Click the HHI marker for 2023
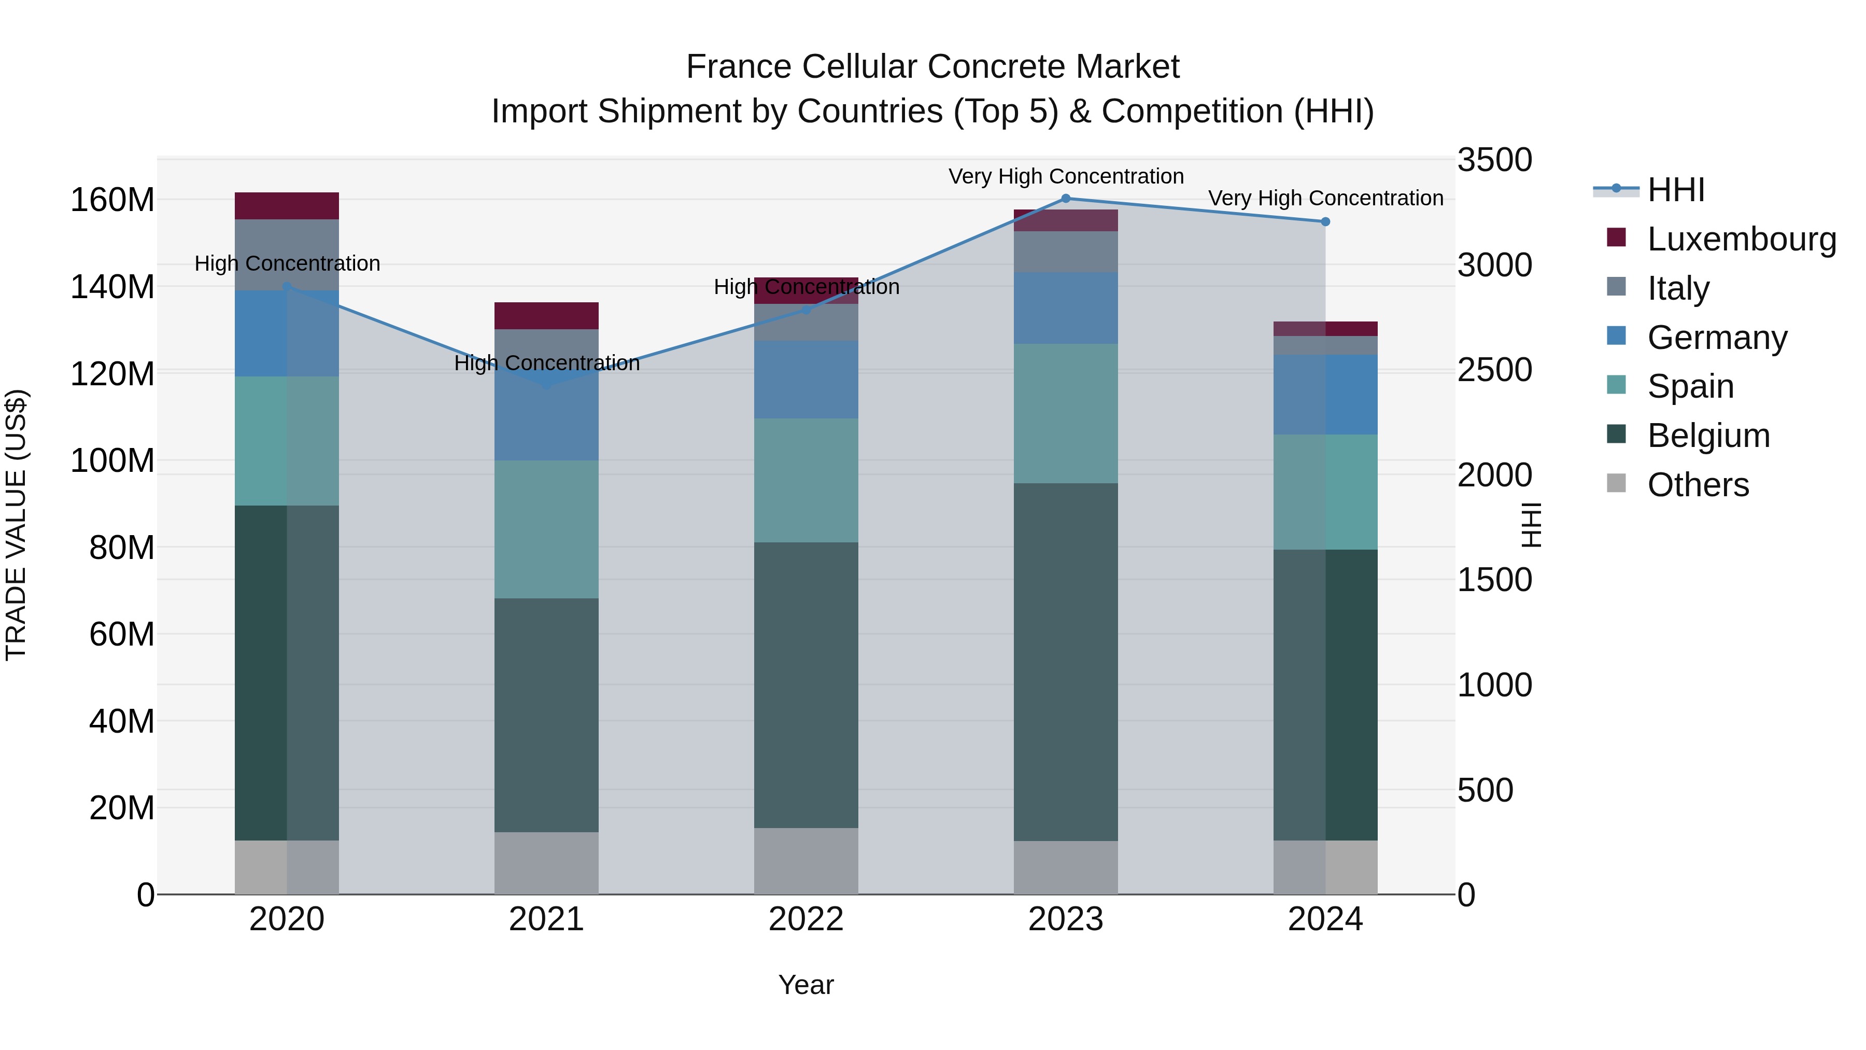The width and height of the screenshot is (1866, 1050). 1066,199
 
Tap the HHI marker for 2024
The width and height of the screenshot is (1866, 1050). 1325,222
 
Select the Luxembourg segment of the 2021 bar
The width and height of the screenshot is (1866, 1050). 546,316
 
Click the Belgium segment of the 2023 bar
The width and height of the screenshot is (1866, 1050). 1066,662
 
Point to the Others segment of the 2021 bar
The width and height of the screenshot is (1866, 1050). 546,862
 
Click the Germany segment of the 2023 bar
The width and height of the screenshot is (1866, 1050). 1066,308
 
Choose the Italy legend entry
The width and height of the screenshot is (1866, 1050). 1678,288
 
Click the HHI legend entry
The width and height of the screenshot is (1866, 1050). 1675,190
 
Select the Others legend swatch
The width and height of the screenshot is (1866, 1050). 1616,483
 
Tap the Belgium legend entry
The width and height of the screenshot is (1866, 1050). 1708,436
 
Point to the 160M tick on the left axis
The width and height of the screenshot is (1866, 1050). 112,200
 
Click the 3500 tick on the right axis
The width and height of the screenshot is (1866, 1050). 1494,160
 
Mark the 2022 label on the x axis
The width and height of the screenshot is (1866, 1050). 805,919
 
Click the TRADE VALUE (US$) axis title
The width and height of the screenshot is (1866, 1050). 16,525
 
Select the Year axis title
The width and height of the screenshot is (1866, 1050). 805,985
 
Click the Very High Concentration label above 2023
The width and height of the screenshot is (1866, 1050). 1066,176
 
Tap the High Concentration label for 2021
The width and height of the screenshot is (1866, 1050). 546,363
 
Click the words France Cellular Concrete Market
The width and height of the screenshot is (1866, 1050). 932,67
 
